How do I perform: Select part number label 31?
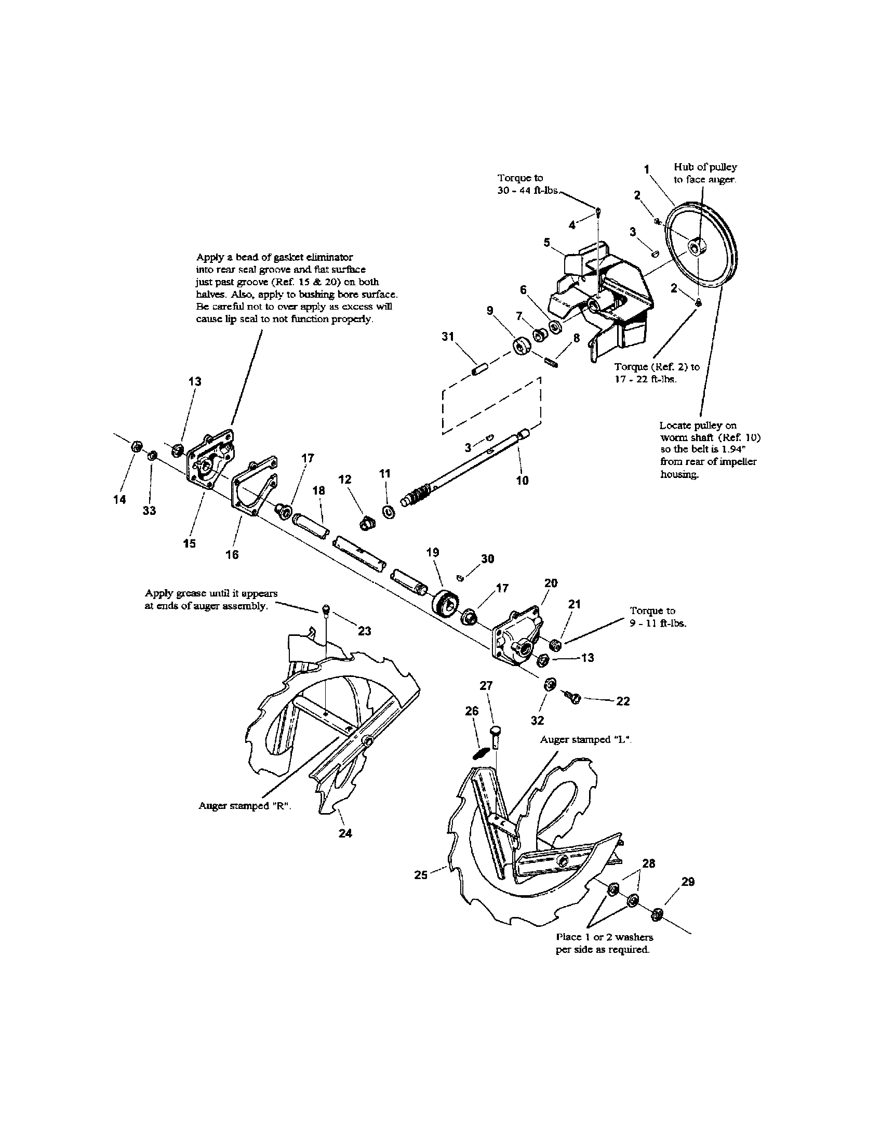(x=447, y=337)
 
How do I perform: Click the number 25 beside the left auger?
(x=421, y=874)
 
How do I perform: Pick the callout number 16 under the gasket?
(x=232, y=554)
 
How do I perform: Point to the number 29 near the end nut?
(x=688, y=882)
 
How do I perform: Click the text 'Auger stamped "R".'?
(x=244, y=806)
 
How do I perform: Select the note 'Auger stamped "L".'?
(x=585, y=739)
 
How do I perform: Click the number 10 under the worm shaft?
(x=522, y=480)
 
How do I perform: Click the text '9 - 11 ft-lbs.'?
(x=658, y=623)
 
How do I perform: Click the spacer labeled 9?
(x=522, y=346)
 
